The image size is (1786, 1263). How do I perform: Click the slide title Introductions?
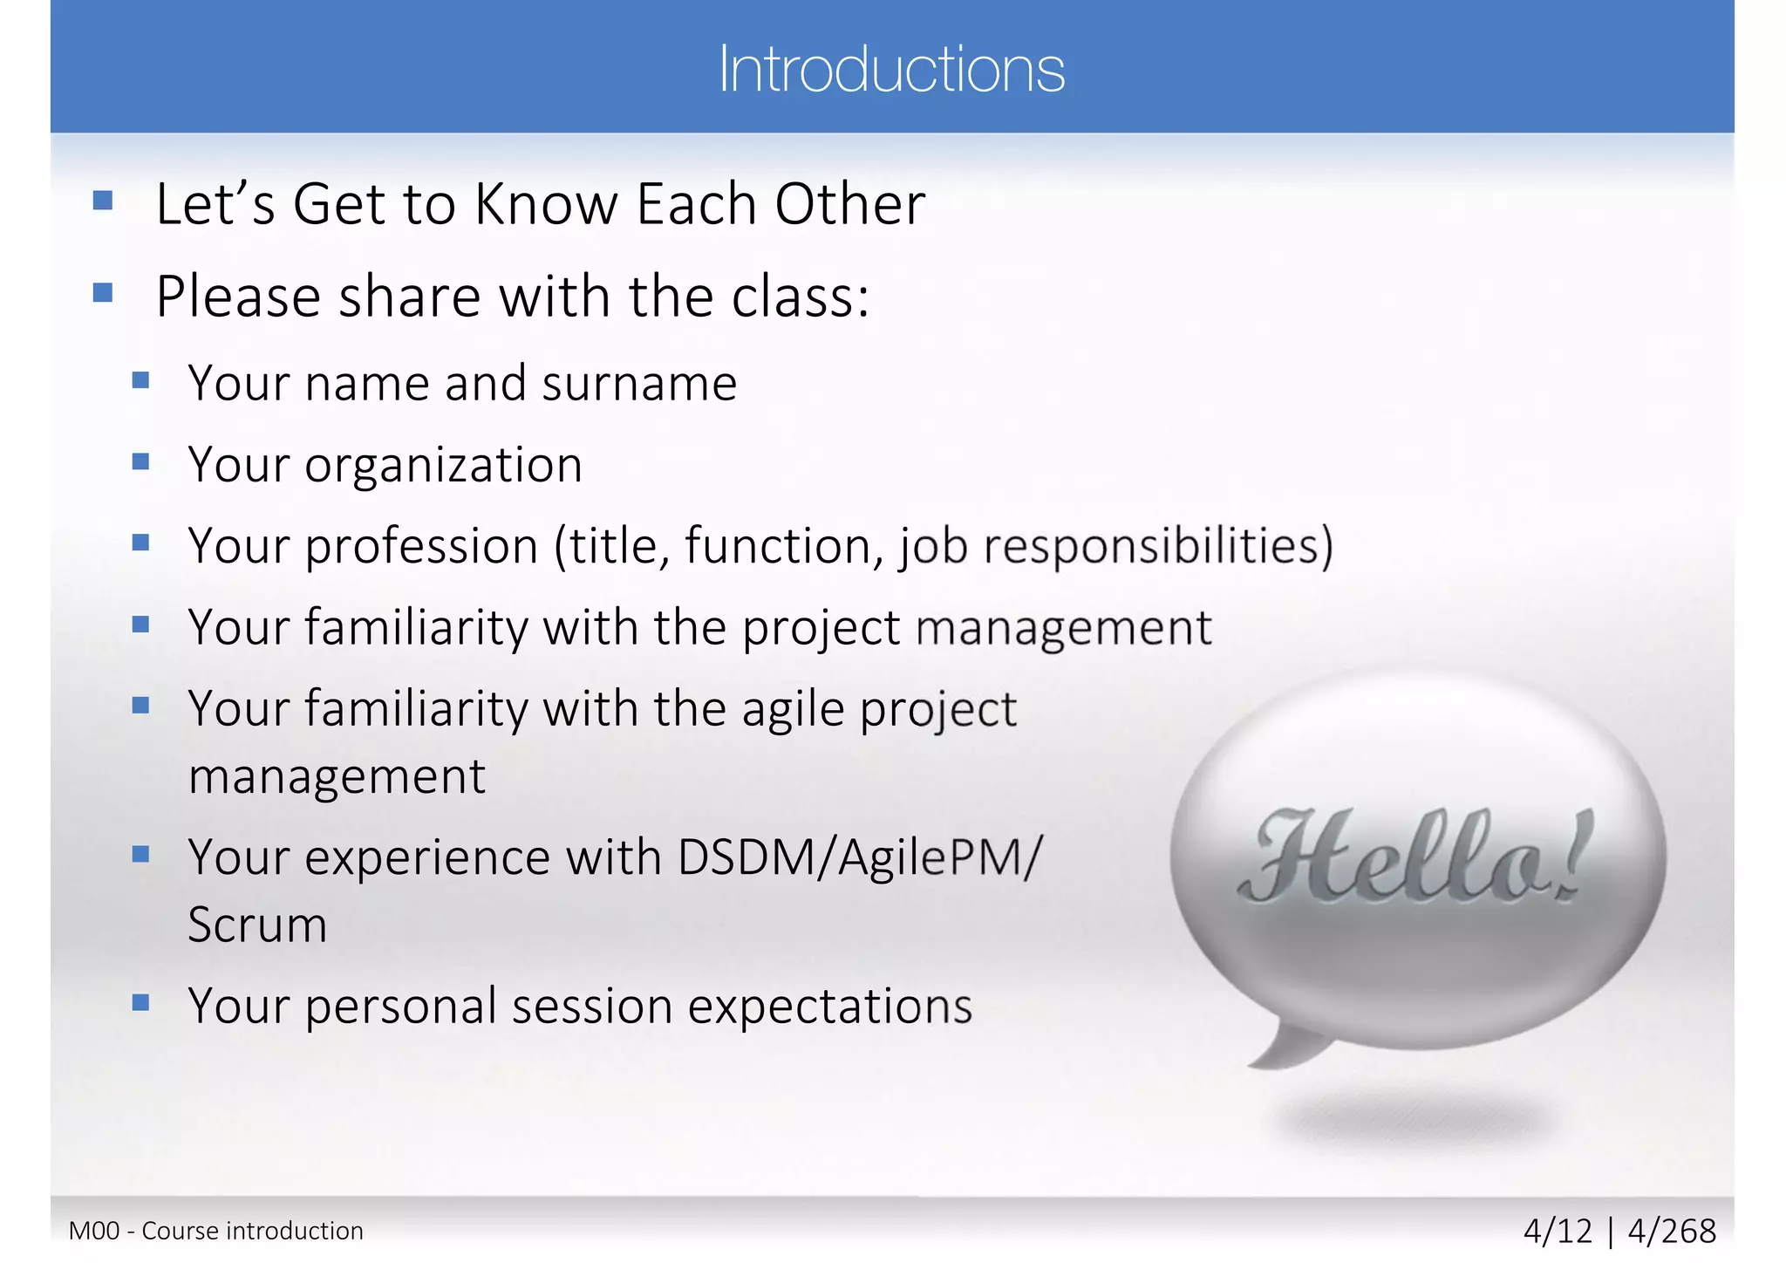point(891,70)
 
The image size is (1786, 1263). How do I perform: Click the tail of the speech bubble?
point(1291,1047)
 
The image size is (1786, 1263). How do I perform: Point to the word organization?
point(443,466)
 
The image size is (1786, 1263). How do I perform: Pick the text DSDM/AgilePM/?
point(859,857)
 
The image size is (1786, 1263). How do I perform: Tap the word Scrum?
point(257,925)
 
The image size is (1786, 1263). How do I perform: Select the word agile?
point(793,709)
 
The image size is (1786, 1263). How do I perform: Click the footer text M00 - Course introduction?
point(215,1231)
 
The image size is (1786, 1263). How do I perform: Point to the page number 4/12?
point(1558,1231)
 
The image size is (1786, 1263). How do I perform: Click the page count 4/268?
point(1672,1231)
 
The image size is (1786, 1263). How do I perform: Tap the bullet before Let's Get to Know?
point(103,201)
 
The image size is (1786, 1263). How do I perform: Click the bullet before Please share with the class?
point(103,292)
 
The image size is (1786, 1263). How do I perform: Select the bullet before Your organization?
point(140,461)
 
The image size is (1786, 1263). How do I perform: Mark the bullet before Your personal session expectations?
point(140,1002)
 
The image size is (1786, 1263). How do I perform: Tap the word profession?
point(421,547)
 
